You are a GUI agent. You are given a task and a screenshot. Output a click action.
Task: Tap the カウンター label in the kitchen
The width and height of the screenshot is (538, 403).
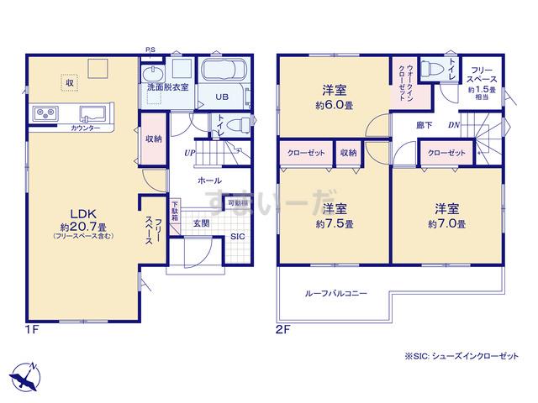tap(86, 127)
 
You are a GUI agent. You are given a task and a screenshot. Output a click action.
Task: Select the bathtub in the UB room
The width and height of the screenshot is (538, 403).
tap(223, 70)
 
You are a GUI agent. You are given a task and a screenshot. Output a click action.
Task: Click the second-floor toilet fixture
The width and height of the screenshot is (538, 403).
tap(434, 68)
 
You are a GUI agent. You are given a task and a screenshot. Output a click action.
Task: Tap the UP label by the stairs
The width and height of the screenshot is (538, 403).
tap(191, 153)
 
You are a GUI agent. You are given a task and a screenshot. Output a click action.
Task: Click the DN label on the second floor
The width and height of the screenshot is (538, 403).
tap(453, 126)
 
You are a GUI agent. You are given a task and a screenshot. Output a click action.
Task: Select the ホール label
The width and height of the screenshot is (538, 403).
tap(210, 181)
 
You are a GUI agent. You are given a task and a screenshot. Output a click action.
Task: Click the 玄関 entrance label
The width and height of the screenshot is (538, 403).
tap(202, 223)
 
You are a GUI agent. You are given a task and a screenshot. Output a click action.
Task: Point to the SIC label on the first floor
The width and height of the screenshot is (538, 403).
tap(238, 237)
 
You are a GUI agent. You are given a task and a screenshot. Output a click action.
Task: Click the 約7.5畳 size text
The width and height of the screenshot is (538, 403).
tap(335, 224)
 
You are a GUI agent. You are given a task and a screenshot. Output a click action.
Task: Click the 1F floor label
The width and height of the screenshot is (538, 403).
tap(31, 330)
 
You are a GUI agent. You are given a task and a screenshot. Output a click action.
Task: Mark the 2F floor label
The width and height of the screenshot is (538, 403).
tap(282, 330)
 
